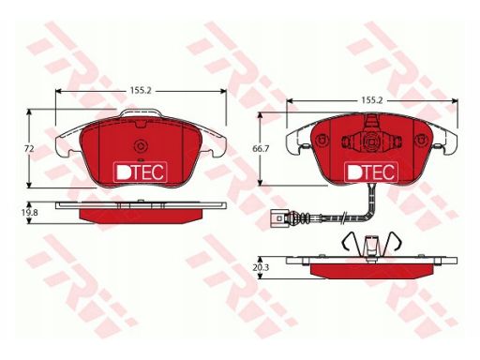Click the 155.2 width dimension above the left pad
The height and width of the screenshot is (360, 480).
pyautogui.click(x=141, y=91)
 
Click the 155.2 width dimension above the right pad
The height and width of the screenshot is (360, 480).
pyautogui.click(x=372, y=100)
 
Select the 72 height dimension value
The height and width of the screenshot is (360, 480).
pyautogui.click(x=29, y=149)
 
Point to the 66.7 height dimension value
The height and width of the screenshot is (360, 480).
pyautogui.click(x=261, y=149)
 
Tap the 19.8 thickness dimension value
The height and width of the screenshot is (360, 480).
pyautogui.click(x=29, y=213)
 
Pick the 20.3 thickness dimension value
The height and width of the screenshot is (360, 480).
pyautogui.click(x=261, y=267)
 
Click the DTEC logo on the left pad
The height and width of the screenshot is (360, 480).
pyautogui.click(x=140, y=172)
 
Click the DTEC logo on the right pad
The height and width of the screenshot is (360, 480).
pyautogui.click(x=371, y=172)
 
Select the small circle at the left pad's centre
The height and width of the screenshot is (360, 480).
pyautogui.click(x=140, y=145)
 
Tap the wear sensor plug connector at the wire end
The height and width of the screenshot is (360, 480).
pyautogui.click(x=277, y=217)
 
